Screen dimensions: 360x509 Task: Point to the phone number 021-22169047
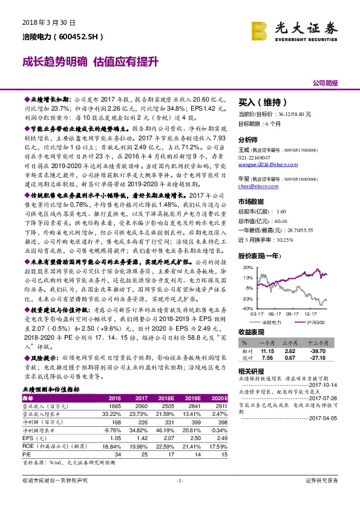259,139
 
